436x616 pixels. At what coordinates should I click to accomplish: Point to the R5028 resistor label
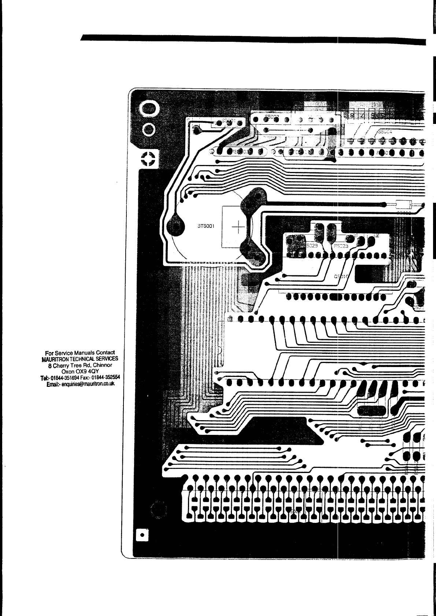tap(340, 246)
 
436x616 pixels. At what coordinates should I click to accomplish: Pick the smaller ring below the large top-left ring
tap(149, 129)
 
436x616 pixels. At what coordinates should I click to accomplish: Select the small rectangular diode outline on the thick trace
tap(403, 205)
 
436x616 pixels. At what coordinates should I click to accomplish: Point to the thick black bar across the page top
tap(253, 40)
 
